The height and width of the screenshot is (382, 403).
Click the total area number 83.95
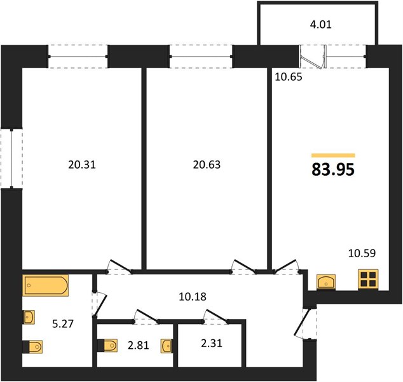coord(333,169)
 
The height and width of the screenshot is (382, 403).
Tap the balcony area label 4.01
coord(321,24)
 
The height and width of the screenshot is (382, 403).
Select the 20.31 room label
coord(82,164)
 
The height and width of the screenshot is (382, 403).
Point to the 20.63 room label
coord(207,164)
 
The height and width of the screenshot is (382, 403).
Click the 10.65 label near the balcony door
coord(289,76)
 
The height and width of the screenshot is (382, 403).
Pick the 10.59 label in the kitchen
coord(362,253)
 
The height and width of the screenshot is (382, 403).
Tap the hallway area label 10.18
coord(193,297)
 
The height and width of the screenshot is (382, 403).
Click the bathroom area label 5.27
coord(63,323)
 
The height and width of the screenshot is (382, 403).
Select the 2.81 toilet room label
coord(139,345)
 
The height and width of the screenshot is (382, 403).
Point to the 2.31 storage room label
coord(212,343)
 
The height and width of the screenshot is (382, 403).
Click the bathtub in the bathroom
coord(45,285)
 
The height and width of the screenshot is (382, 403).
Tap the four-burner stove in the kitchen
coord(368,279)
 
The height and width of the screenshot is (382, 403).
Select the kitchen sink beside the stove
coord(326,282)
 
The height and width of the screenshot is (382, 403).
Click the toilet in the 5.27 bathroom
coord(32,347)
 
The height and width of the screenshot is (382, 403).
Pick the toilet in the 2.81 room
coord(107,345)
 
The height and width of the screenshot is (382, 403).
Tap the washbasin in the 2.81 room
coord(167,346)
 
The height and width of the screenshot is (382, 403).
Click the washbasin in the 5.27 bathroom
coord(29,317)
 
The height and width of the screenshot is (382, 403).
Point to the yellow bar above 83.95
coord(333,155)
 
